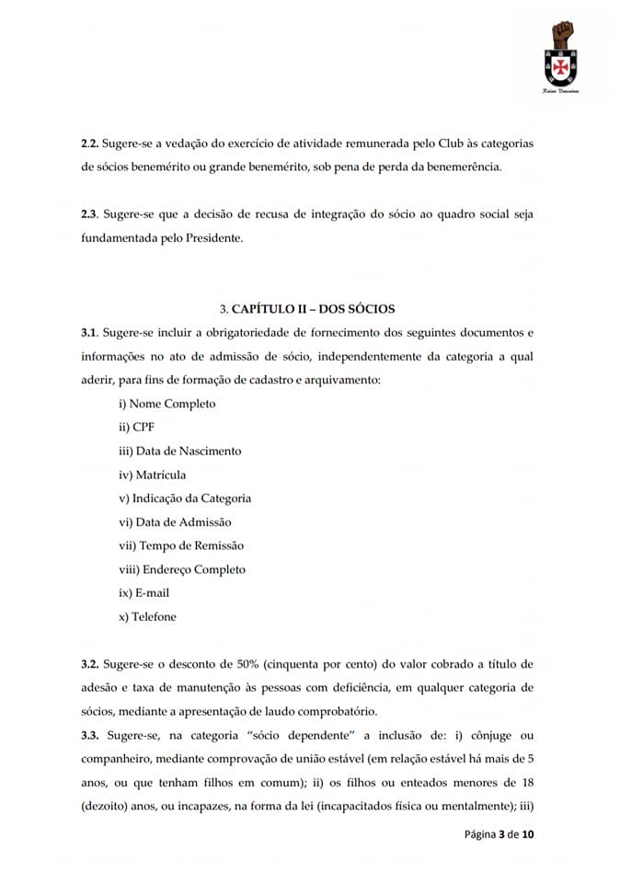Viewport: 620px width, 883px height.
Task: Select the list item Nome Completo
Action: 167,403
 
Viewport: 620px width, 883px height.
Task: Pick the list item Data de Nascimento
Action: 180,451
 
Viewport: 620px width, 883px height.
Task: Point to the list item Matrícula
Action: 153,475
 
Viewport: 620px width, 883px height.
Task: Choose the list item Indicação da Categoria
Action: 185,499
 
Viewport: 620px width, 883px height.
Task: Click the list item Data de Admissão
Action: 176,522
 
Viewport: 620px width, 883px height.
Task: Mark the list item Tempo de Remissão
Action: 181,545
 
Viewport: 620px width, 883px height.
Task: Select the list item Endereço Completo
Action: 182,569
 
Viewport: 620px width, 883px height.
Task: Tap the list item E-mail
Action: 144,593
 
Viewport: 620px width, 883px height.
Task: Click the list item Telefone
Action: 147,617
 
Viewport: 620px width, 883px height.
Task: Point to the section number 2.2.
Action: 89,144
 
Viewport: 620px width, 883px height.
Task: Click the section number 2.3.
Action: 89,213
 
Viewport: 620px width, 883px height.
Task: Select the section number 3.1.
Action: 89,331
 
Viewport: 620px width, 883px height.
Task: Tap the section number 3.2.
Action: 89,663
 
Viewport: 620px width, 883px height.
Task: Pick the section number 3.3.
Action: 89,736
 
